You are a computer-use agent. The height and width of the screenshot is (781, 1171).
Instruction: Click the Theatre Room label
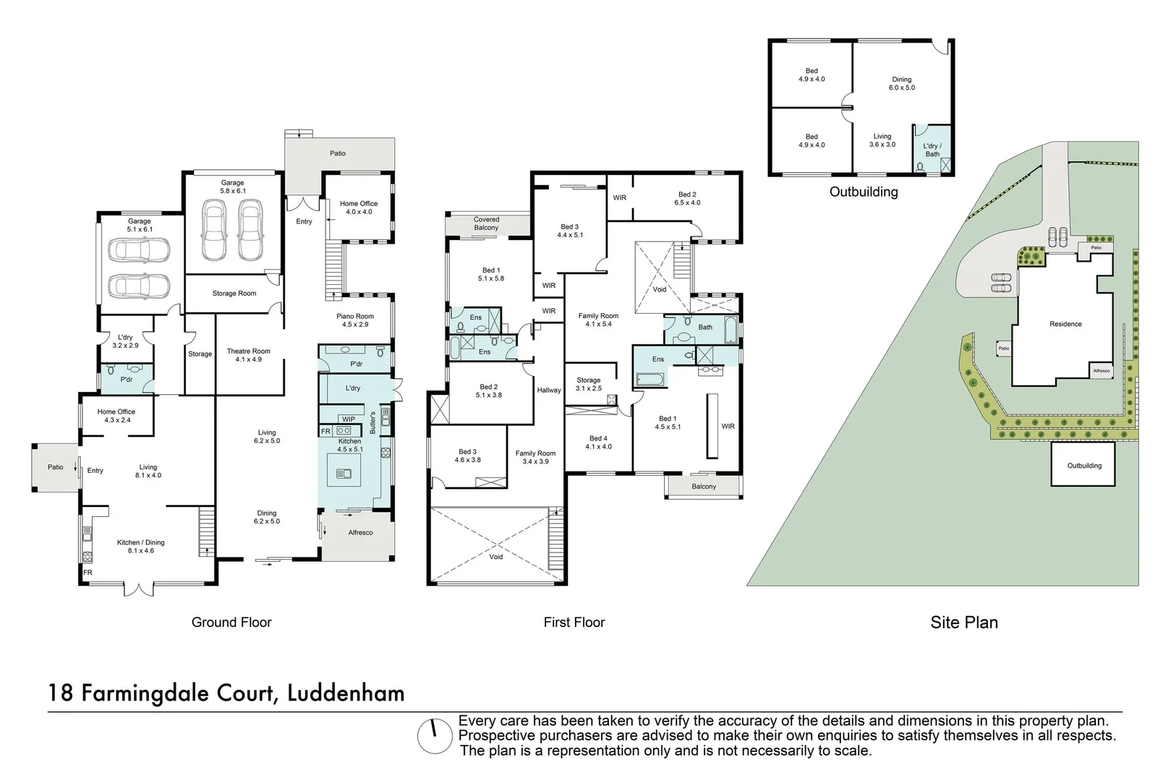(248, 355)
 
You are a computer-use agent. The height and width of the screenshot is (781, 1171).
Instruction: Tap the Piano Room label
(355, 320)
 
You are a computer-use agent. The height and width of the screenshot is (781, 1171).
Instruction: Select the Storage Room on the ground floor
(234, 294)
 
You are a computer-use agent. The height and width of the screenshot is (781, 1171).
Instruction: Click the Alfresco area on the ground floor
(360, 533)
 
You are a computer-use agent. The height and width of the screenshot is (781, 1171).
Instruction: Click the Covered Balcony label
(486, 223)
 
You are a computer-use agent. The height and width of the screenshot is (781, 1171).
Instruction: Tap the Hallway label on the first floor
(549, 390)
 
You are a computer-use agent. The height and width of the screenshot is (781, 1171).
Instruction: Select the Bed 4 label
(598, 443)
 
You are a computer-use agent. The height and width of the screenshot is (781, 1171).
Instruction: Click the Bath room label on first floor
(705, 328)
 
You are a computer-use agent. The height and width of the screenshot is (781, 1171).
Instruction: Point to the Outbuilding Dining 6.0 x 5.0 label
(901, 84)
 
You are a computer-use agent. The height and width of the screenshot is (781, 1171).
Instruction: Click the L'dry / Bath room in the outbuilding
(932, 150)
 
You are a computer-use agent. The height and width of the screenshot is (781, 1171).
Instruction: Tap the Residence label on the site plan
(1065, 324)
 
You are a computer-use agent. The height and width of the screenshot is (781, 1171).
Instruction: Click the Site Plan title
(963, 623)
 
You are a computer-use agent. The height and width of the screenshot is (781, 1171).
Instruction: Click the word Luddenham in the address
(346, 693)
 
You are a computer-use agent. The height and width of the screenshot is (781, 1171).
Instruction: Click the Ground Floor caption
(231, 623)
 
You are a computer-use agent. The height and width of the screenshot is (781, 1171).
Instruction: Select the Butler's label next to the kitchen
(373, 422)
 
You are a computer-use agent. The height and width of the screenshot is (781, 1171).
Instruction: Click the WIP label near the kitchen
(349, 419)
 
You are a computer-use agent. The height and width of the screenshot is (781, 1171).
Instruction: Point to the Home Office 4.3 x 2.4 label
(116, 416)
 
